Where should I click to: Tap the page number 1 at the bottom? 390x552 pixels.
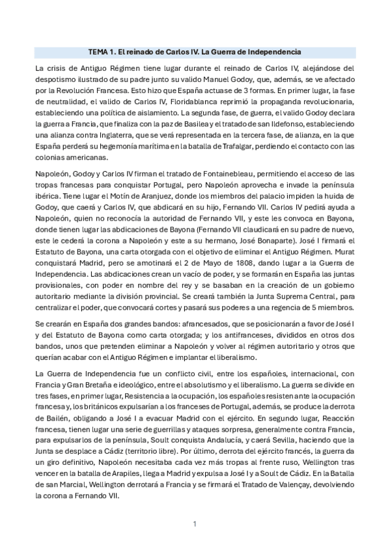[x=195, y=523]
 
